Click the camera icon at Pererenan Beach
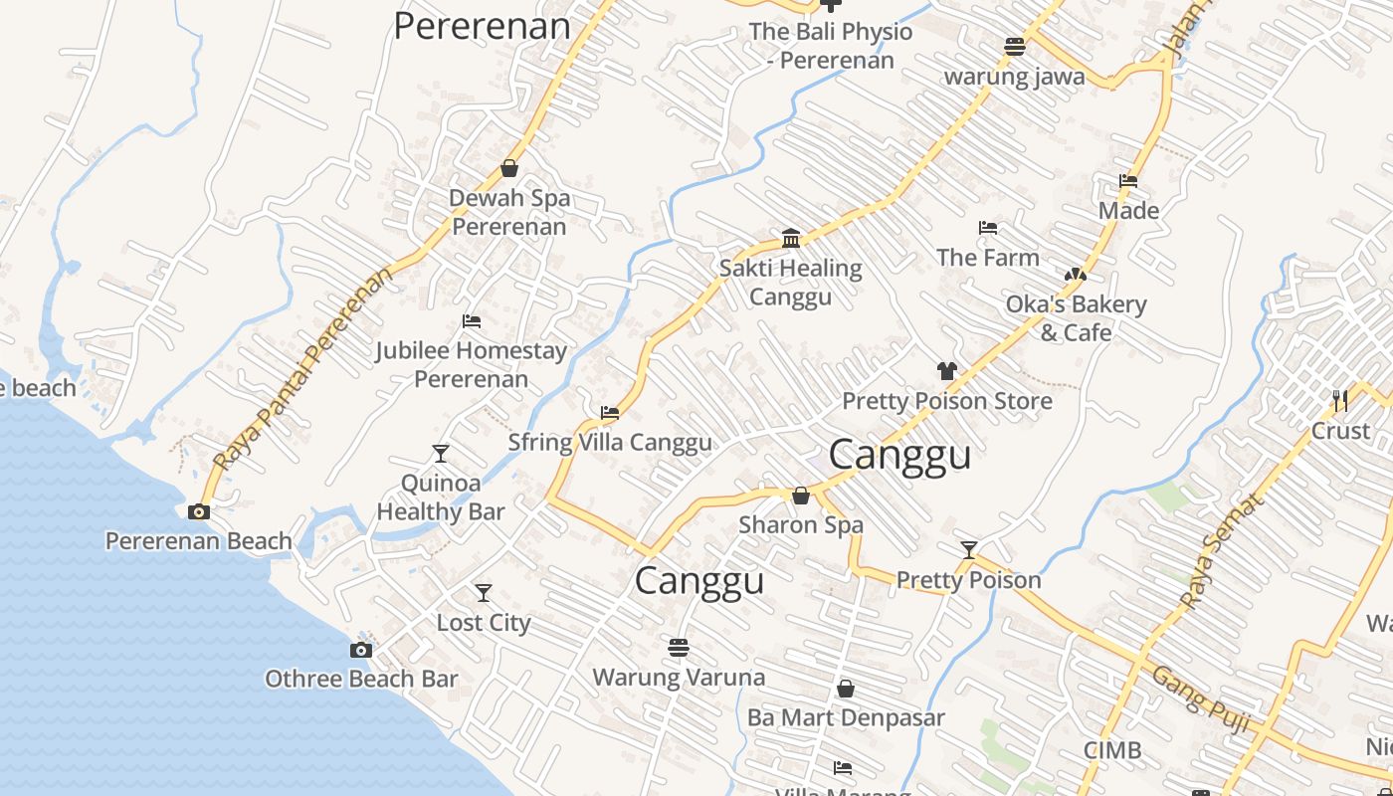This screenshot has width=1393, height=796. pos(199,511)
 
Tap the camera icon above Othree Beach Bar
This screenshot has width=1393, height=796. pos(361,650)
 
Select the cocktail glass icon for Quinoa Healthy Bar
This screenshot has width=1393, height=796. pos(441,454)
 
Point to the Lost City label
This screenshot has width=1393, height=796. pos(484,623)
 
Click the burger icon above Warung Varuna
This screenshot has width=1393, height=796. pos(679,648)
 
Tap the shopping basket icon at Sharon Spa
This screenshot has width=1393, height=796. pos(800,496)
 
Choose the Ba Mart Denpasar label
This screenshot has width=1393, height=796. pos(846,717)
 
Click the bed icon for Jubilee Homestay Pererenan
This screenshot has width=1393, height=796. pos(472,321)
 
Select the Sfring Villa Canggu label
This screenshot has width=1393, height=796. pos(610,443)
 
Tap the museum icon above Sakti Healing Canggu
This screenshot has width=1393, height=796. pos(791,238)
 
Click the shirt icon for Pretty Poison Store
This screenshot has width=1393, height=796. pos(946,371)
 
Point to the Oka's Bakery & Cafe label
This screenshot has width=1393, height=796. pos(1076,318)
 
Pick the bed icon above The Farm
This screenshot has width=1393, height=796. pos(987,228)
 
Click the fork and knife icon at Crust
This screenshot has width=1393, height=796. pos(1340,400)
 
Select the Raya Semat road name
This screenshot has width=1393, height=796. pos(1222,549)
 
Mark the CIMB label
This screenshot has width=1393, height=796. pos(1112,750)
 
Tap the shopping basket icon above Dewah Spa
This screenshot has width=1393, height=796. pos(509,168)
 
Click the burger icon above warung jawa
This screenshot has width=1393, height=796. pos(1014,46)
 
